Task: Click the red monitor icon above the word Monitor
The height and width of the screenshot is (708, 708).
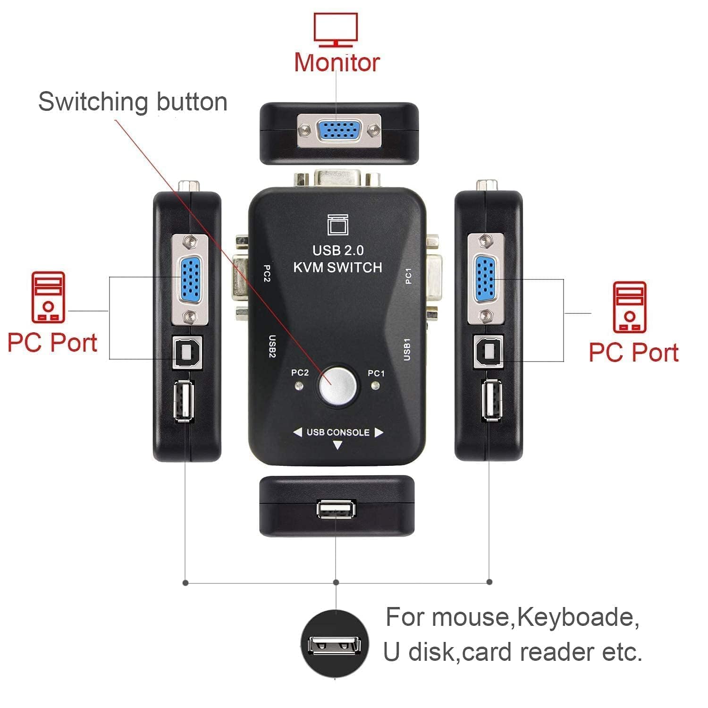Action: coord(336,30)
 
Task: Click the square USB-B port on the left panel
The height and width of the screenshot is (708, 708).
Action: coord(187,351)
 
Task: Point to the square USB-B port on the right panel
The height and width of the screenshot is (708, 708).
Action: coord(489,351)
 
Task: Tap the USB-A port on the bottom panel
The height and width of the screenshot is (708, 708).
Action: coord(337,509)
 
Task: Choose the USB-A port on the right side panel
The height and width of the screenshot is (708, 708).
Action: coord(492,400)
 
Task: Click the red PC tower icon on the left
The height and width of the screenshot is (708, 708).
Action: coord(48,297)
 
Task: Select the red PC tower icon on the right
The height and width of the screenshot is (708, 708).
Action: coord(629,307)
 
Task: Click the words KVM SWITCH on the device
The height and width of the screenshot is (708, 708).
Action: coord(337,267)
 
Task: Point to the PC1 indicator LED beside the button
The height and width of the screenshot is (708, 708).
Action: coord(376,387)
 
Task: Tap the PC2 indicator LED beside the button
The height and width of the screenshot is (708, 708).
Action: coord(298,387)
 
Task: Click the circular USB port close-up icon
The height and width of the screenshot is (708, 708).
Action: coord(335,644)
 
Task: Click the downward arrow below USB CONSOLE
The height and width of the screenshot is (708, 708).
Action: coord(337,445)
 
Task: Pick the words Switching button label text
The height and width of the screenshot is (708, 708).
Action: coord(133,101)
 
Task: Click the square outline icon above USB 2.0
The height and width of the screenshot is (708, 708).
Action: coord(338,225)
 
